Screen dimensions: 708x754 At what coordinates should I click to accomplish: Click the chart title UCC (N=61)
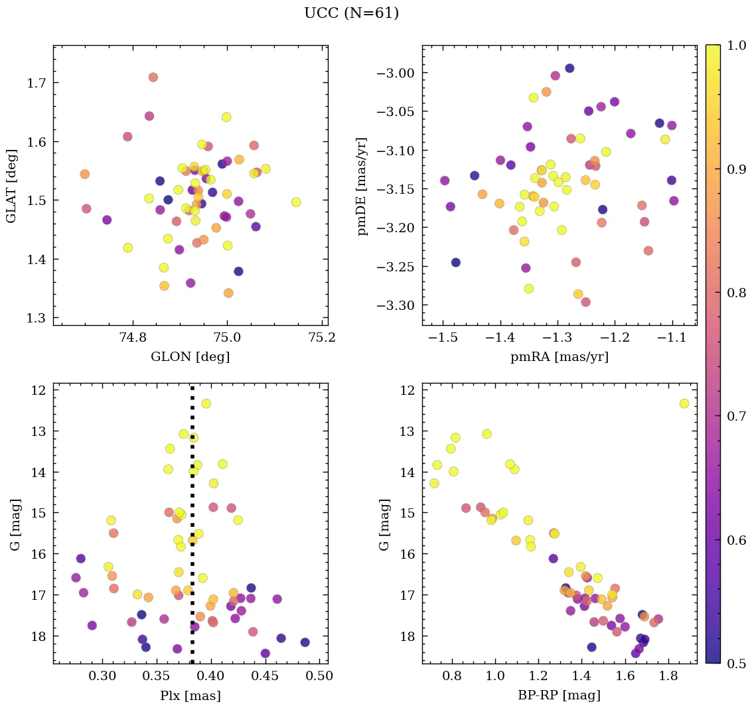351,13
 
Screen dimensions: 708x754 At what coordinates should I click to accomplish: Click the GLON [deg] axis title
190,357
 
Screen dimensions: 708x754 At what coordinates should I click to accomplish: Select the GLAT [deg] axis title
12,186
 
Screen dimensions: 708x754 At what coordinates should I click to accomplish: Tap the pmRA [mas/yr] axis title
559,357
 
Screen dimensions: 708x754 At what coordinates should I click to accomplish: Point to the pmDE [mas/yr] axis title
362,186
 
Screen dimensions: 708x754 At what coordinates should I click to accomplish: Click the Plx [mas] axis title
190,696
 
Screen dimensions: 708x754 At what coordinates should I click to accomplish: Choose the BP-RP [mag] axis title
559,696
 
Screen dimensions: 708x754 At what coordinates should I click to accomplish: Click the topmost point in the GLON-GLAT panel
153,77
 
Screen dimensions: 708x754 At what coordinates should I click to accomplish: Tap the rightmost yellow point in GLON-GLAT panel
296,202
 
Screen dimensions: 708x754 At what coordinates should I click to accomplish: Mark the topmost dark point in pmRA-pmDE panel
569,68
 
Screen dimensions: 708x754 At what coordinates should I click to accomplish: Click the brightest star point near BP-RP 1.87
684,403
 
